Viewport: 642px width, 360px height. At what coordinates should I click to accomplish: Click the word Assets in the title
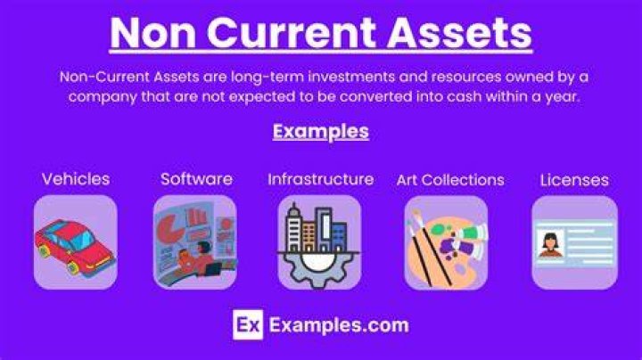tap(459, 32)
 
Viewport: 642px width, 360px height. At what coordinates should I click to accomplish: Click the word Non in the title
tap(152, 33)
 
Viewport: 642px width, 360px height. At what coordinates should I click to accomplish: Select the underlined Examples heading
tap(321, 132)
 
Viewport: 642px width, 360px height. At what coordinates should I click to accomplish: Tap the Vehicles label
tap(76, 179)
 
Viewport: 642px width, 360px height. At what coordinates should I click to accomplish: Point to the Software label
tap(196, 179)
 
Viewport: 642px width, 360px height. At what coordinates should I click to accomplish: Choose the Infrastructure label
tap(321, 179)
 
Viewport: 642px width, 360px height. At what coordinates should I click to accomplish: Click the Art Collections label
tap(450, 180)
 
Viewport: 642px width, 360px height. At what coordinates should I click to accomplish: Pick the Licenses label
tap(574, 180)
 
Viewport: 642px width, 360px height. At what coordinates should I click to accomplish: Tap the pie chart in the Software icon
tap(171, 228)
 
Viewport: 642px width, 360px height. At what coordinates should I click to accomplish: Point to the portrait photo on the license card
tap(550, 244)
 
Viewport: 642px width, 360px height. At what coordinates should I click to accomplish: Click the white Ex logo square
tap(248, 325)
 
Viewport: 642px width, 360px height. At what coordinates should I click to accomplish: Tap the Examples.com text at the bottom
tap(339, 325)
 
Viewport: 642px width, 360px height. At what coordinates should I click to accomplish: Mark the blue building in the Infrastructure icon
tap(339, 237)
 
